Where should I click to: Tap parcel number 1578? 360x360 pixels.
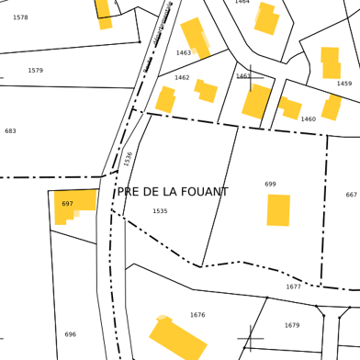(20, 17)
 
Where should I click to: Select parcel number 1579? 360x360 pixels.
(35, 71)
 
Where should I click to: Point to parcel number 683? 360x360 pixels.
(10, 131)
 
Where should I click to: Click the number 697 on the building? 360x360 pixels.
(67, 204)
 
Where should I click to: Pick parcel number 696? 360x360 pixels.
(70, 334)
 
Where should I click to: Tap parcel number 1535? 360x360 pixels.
(160, 211)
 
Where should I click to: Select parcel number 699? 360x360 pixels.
(270, 185)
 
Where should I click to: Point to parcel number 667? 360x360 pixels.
(351, 195)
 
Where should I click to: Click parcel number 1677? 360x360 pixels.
(293, 287)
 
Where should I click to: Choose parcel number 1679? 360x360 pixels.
(291, 325)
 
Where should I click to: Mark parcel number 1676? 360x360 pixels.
(197, 315)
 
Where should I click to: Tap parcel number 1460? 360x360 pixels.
(308, 119)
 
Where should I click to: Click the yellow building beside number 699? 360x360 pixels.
(278, 209)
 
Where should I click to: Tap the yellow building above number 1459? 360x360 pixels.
(331, 62)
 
